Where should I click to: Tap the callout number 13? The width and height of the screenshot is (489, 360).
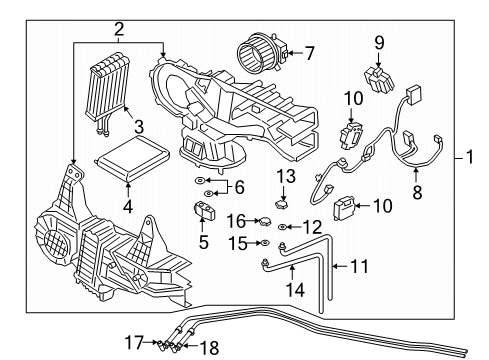click(284, 176)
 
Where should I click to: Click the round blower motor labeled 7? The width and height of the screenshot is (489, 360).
click(258, 52)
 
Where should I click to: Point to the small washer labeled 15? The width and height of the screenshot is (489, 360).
click(262, 243)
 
